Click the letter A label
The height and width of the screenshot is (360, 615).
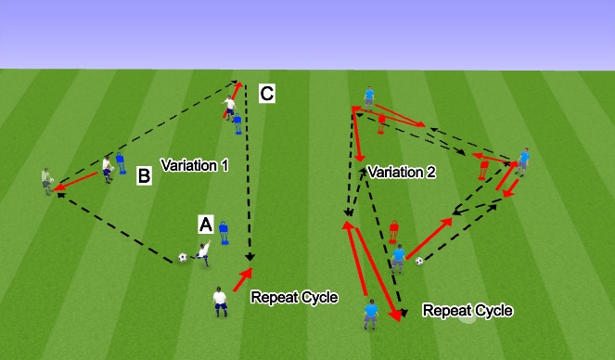(x=206, y=224)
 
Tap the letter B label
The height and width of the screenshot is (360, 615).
(x=144, y=174)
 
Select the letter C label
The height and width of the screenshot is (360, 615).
(x=266, y=93)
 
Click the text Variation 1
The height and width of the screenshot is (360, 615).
(x=194, y=165)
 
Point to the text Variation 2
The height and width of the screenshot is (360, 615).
(x=401, y=173)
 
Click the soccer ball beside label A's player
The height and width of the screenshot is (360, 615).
(x=183, y=257)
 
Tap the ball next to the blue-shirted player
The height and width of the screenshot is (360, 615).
(x=419, y=261)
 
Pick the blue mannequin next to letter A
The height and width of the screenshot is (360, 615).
(x=223, y=232)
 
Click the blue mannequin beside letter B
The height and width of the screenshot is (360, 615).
(x=121, y=164)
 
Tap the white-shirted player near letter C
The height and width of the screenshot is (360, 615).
(x=228, y=107)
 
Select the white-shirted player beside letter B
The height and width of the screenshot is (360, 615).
(x=108, y=168)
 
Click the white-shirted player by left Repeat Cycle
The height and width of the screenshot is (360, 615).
(x=220, y=302)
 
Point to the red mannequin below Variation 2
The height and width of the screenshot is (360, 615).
(x=393, y=230)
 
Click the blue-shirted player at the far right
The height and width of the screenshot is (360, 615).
(x=523, y=159)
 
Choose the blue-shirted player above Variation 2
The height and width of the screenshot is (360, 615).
(x=369, y=97)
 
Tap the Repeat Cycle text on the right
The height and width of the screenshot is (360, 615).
(x=467, y=310)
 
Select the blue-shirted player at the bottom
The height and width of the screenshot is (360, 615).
(x=371, y=315)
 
